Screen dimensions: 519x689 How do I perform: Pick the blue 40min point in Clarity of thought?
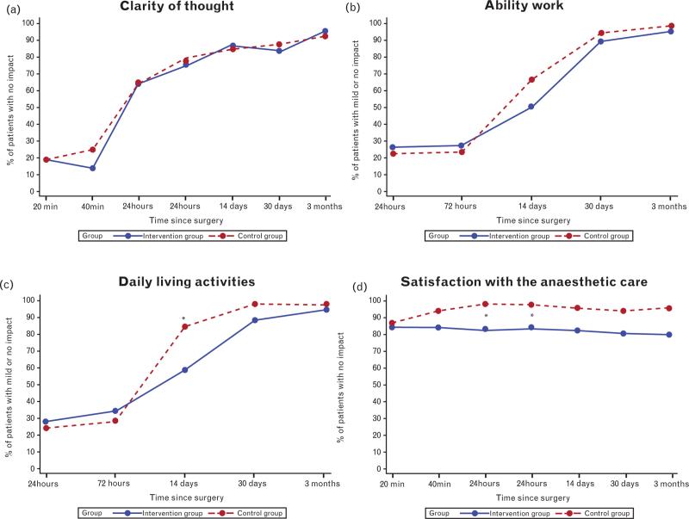coord(92,168)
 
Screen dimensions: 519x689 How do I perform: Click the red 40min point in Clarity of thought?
coord(92,150)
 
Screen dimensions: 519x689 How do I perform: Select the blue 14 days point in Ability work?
coord(531,107)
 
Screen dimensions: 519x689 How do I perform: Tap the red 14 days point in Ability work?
coord(531,80)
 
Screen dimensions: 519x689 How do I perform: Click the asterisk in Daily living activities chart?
coord(184,319)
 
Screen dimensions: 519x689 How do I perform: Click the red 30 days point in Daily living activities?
coord(255,304)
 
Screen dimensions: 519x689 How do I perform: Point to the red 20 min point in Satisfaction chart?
coord(392,323)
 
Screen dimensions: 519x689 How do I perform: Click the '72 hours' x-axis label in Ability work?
coord(462,206)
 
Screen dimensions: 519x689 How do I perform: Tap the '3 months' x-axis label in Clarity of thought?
coord(326,206)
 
